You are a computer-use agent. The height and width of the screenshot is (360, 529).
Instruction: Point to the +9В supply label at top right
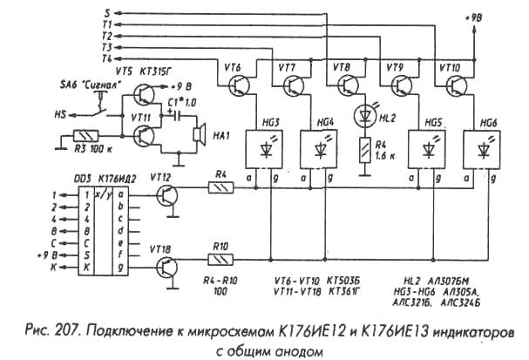[x=477, y=17]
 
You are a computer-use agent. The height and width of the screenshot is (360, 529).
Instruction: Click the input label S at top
[x=107, y=12]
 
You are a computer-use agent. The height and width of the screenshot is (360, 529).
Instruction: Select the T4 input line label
[x=106, y=58]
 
